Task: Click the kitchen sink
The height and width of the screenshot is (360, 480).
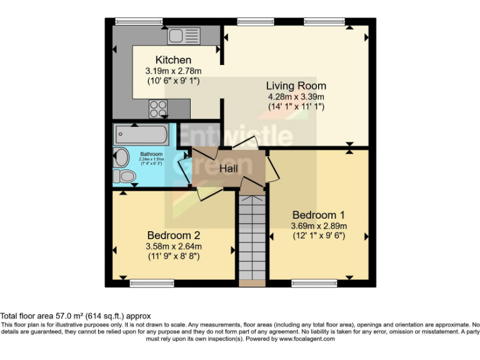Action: pos(182,36)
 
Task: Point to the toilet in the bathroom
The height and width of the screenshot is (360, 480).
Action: pos(127,177)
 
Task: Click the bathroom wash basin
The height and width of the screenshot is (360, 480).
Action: pos(119,157)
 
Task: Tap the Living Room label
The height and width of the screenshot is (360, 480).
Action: pos(296,86)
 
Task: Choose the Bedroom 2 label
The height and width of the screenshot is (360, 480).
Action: pos(173,235)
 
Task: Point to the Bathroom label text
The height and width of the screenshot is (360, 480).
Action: pos(151,154)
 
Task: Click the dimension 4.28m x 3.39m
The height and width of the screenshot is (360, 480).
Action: pos(296,97)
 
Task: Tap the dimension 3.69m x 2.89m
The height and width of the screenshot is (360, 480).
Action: pos(318,226)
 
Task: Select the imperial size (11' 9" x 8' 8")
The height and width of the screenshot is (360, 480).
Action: pos(173,256)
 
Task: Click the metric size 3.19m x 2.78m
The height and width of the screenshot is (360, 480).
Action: pos(168,71)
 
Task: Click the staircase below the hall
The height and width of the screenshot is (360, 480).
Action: pos(252,237)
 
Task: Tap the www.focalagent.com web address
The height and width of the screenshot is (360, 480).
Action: pos(307,339)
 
